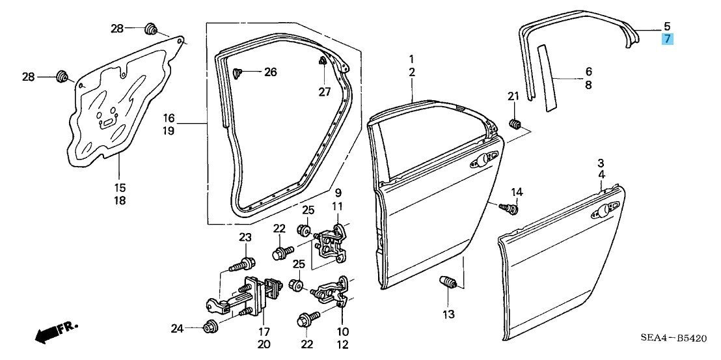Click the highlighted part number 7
(x=667, y=39)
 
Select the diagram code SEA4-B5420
(x=673, y=338)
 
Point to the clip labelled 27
(x=323, y=62)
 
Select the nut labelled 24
(x=210, y=327)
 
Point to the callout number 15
(x=120, y=187)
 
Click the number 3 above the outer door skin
(x=601, y=162)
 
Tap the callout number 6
(x=588, y=71)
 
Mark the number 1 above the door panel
(x=412, y=59)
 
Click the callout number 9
(x=338, y=193)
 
